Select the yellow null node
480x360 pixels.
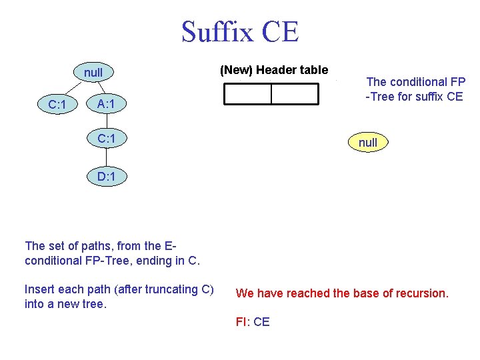(367, 142)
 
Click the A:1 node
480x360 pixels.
(107, 104)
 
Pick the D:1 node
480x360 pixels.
(107, 177)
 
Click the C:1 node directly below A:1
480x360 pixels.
(107, 139)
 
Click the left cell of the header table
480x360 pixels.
(247, 95)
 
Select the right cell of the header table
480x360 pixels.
(295, 95)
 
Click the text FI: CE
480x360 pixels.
(253, 322)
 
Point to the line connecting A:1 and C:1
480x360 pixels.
(107, 121)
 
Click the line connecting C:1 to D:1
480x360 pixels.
(107, 157)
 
